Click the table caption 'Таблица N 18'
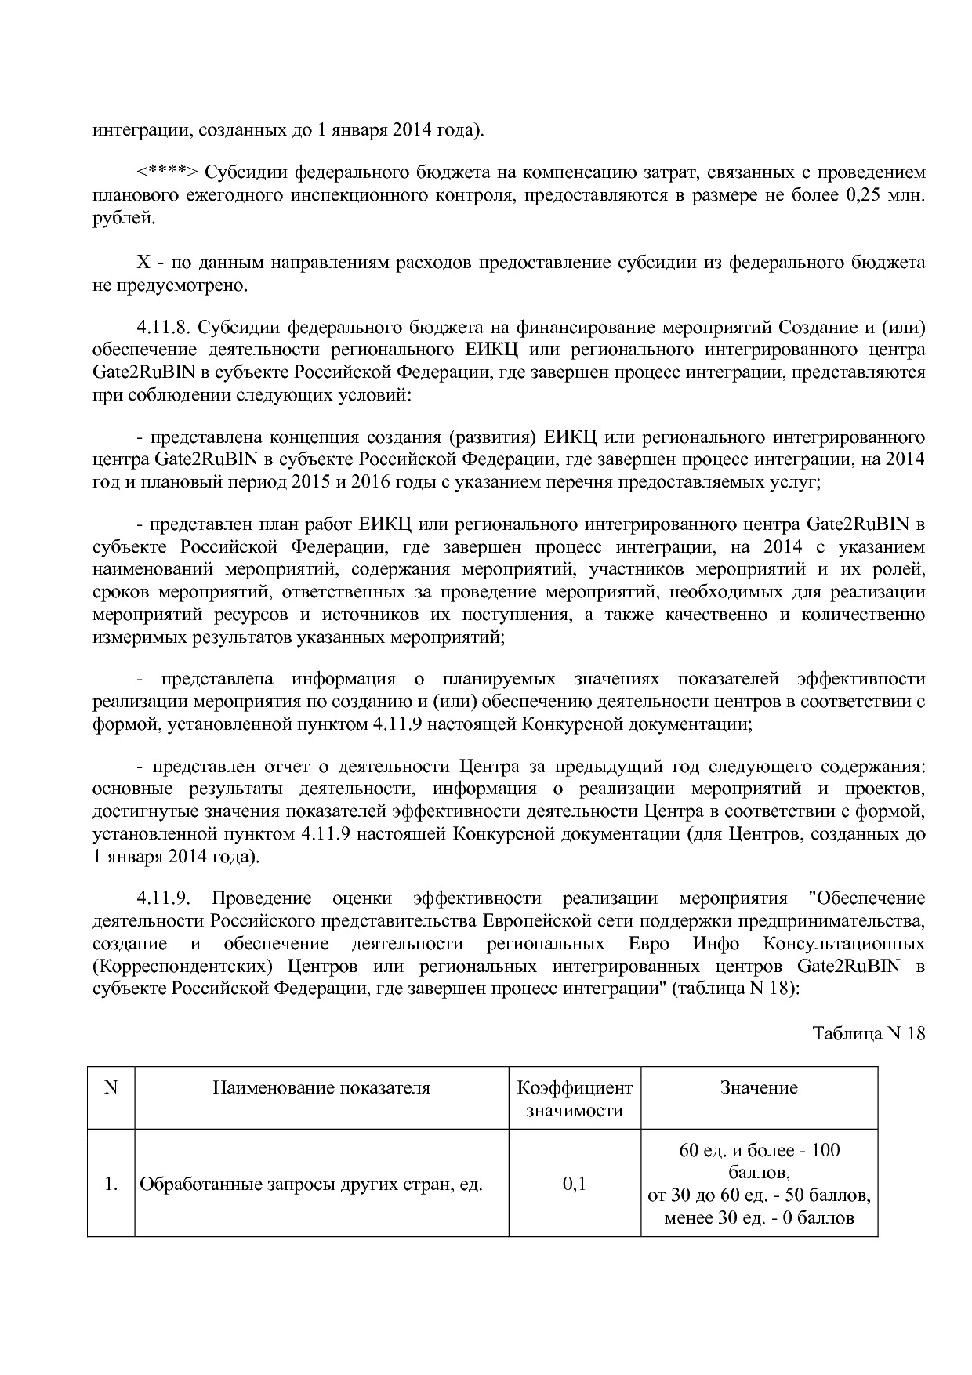869,1033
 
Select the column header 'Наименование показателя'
321,1087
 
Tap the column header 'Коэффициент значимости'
575,1099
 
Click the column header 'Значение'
759,1087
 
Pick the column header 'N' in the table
111,1087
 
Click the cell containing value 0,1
575,1184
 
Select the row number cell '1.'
111,1185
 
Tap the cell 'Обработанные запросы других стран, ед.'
311,1185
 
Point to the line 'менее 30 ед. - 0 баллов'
759,1219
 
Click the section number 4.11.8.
164,326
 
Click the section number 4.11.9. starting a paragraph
164,898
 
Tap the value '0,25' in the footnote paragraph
864,195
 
